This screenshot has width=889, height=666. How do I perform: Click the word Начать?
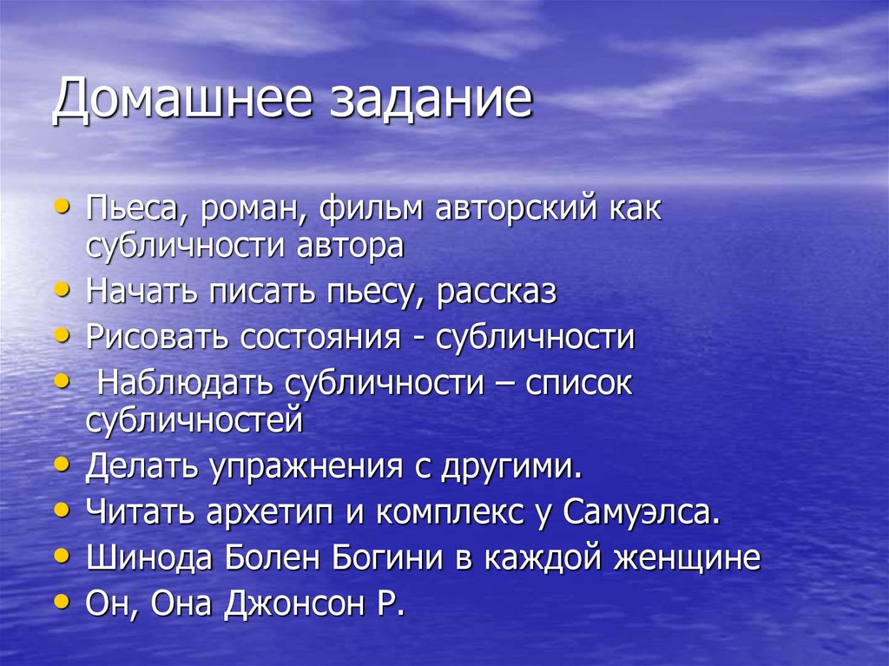[x=141, y=292]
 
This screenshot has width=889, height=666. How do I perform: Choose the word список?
[x=578, y=384]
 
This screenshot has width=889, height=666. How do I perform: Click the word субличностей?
[x=194, y=419]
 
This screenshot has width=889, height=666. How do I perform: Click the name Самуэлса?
[x=642, y=512]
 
